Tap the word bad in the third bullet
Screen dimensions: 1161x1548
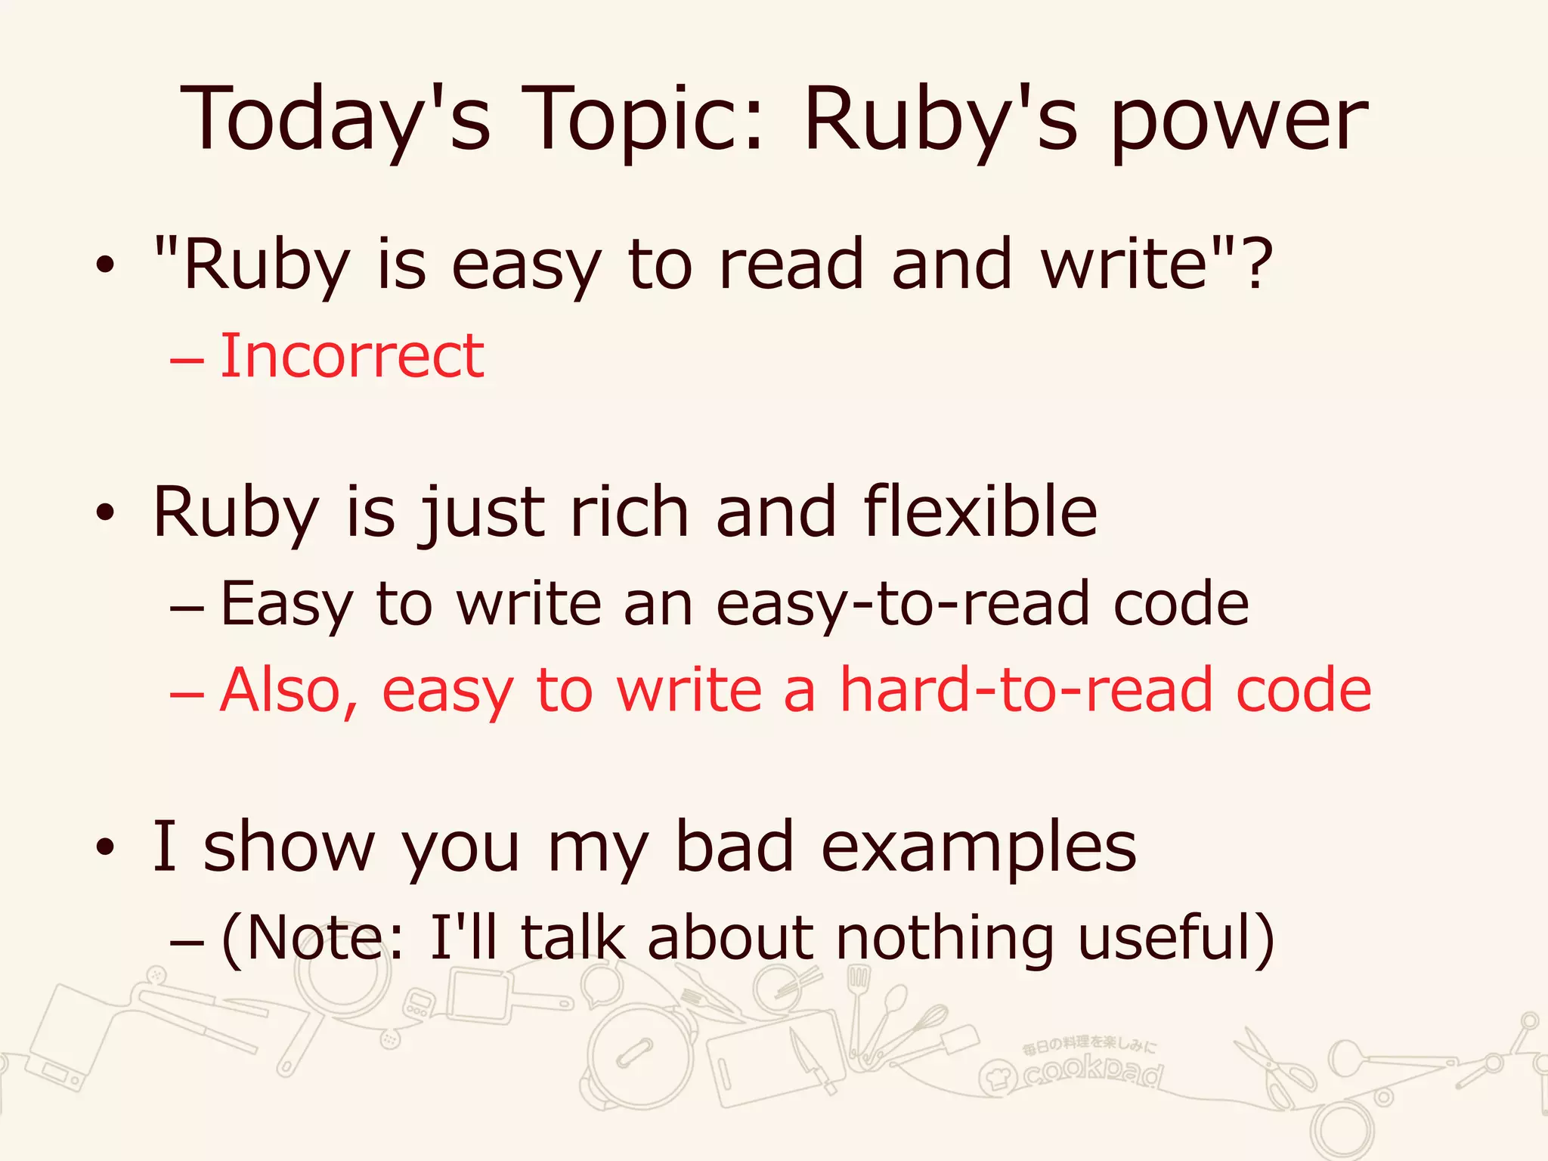[x=733, y=847]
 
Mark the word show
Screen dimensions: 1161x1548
[x=289, y=847]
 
